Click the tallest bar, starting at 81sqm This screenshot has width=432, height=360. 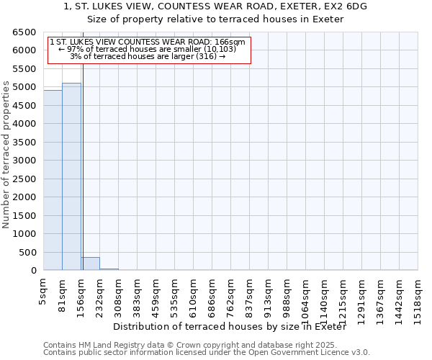(71, 176)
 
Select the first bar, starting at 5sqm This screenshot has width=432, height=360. (53, 180)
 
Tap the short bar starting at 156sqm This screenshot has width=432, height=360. (90, 264)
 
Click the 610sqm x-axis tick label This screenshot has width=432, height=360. (194, 295)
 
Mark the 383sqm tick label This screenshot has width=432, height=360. (138, 295)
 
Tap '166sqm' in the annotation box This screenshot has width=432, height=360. (231, 42)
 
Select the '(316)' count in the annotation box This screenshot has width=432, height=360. (204, 57)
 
